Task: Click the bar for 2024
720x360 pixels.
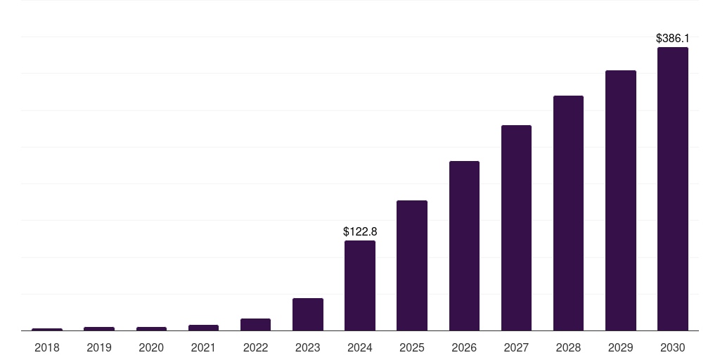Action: coord(360,285)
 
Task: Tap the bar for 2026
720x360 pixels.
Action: coord(464,245)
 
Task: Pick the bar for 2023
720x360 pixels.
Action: coord(308,314)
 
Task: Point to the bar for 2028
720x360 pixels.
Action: coord(568,213)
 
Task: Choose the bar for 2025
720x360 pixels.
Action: coord(412,265)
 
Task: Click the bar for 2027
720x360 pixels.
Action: coord(516,228)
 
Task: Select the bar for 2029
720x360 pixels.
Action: coord(620,200)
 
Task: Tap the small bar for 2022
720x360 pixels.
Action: coord(255,324)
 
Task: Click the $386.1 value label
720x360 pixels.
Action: coord(672,38)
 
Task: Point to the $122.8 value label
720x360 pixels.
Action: coord(360,231)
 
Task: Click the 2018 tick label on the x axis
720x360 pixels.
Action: coord(47,347)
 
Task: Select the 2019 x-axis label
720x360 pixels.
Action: coord(99,347)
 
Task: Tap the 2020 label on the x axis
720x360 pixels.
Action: coord(151,347)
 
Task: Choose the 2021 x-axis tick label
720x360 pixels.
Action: coord(203,347)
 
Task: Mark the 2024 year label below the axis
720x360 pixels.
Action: coord(360,347)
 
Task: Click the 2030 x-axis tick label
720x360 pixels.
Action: coord(672,347)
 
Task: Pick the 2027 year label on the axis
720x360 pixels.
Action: coord(516,347)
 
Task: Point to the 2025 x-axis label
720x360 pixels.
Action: coord(412,347)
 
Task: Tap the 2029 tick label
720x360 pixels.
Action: coord(620,347)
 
